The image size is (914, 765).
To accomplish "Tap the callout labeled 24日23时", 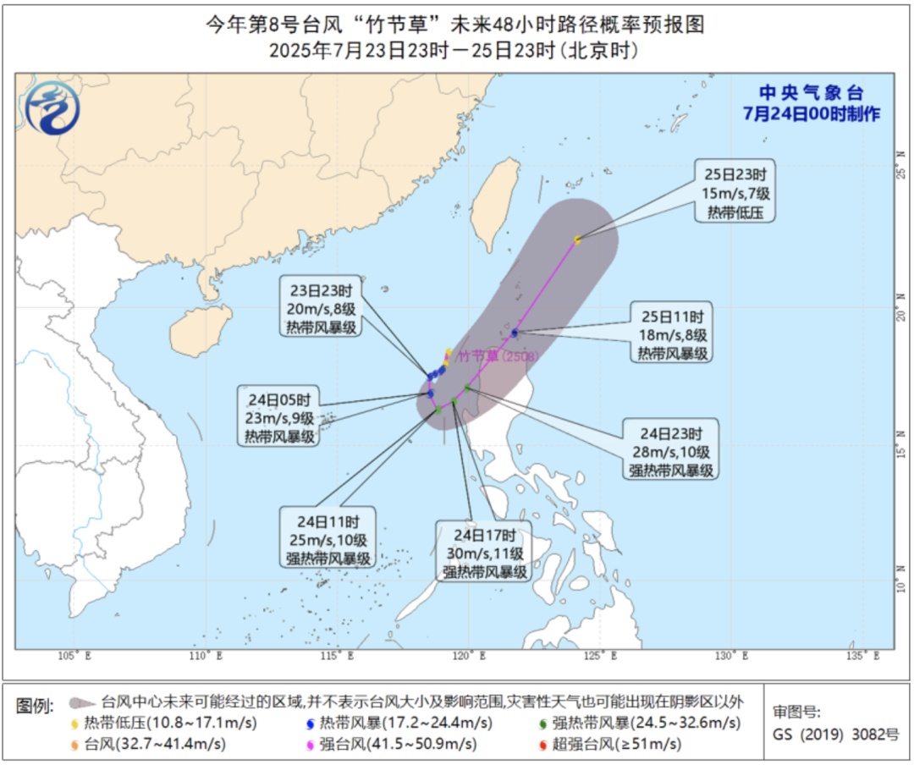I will point(671,449).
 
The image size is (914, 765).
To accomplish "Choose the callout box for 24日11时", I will point(328,538).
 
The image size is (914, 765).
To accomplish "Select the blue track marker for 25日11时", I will point(515,333).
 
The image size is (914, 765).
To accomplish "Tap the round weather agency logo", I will point(52,107).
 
